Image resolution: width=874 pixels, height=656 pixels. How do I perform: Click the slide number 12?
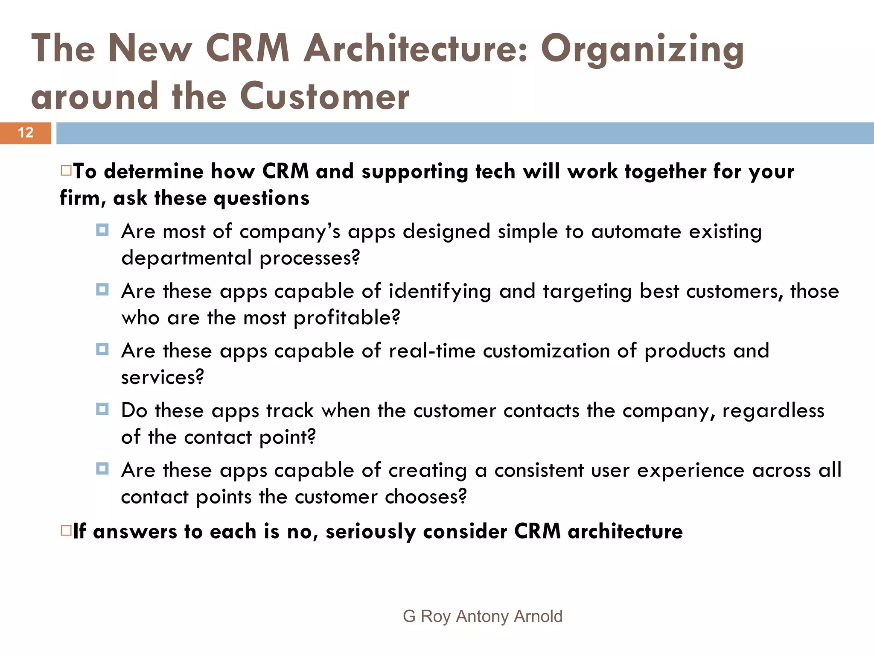coord(26,133)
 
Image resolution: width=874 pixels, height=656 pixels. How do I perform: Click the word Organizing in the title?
coord(642,50)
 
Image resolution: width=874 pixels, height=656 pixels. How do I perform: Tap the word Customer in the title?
coord(324,97)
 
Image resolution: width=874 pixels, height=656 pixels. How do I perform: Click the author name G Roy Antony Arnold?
coord(482,616)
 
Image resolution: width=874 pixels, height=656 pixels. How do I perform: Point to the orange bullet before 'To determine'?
coord(66,171)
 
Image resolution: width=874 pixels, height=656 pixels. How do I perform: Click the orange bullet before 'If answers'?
coord(66,531)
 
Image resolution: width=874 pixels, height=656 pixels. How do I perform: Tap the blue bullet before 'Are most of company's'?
coord(102,230)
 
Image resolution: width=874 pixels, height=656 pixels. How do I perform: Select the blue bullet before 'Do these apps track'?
coord(102,409)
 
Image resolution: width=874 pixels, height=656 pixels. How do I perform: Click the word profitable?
coord(347,318)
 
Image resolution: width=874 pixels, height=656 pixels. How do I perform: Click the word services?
coord(163,378)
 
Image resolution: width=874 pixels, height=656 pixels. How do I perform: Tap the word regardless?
coord(773,411)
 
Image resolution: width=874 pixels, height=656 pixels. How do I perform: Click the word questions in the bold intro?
coord(261,199)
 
